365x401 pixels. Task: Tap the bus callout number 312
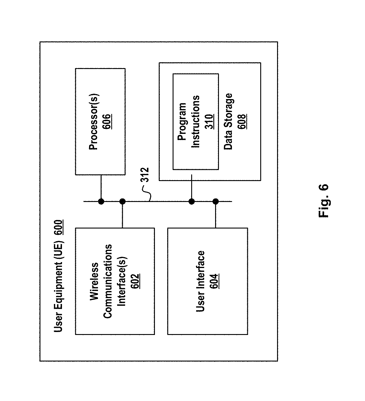(x=145, y=175)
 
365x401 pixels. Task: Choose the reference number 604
(x=214, y=281)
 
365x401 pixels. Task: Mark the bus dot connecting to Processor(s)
(x=101, y=202)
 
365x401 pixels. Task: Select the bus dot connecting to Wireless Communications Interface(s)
(x=122, y=202)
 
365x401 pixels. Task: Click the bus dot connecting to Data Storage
(x=192, y=202)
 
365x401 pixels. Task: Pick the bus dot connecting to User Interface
(x=216, y=202)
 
